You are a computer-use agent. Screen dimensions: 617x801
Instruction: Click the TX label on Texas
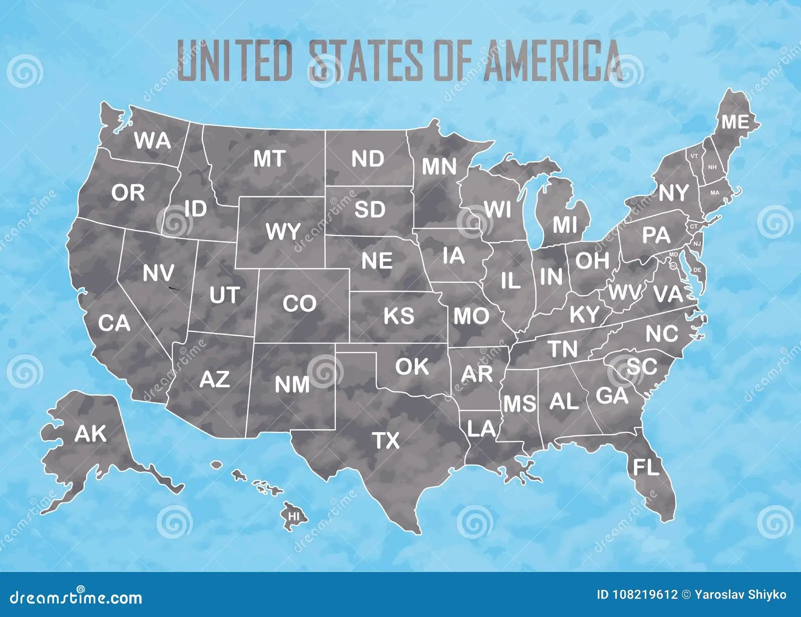pyautogui.click(x=386, y=441)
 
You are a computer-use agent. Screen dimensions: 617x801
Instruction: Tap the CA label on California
pyautogui.click(x=114, y=323)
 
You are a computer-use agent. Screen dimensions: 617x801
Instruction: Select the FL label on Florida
pyautogui.click(x=646, y=467)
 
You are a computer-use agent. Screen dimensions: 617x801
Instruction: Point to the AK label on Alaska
pyautogui.click(x=91, y=434)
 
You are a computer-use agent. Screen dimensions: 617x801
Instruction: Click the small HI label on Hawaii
pyautogui.click(x=294, y=514)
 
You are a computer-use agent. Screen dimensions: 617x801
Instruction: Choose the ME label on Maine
pyautogui.click(x=735, y=122)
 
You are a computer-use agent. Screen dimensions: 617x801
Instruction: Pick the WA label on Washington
pyautogui.click(x=152, y=141)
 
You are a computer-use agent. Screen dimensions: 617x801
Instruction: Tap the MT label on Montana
pyautogui.click(x=269, y=159)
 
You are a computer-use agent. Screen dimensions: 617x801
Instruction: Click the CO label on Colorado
pyautogui.click(x=299, y=304)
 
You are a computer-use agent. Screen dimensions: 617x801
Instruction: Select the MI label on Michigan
pyautogui.click(x=565, y=225)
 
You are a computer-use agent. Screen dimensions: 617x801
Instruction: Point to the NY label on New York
pyautogui.click(x=673, y=193)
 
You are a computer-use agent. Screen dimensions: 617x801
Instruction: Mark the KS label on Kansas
pyautogui.click(x=399, y=316)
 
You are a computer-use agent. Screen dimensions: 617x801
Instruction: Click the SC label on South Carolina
pyautogui.click(x=641, y=367)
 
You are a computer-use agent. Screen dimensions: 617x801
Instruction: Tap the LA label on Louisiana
pyautogui.click(x=481, y=428)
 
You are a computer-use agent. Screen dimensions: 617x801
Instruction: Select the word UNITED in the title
pyautogui.click(x=235, y=62)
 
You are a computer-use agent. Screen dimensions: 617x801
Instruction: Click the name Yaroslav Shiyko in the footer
pyautogui.click(x=740, y=595)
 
